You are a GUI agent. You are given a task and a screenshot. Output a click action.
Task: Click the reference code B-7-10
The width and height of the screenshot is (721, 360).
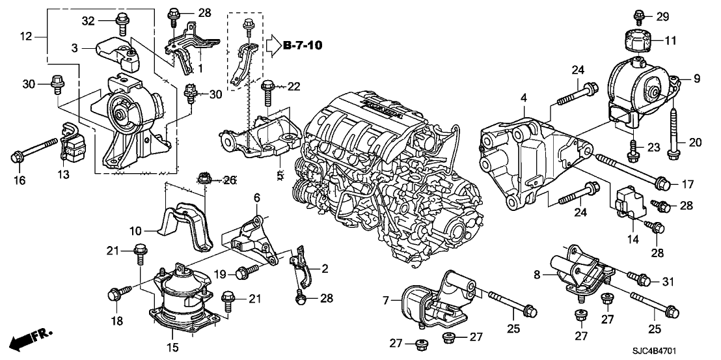click(303, 46)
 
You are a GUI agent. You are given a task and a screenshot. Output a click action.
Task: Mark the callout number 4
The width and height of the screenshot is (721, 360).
click(523, 98)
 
